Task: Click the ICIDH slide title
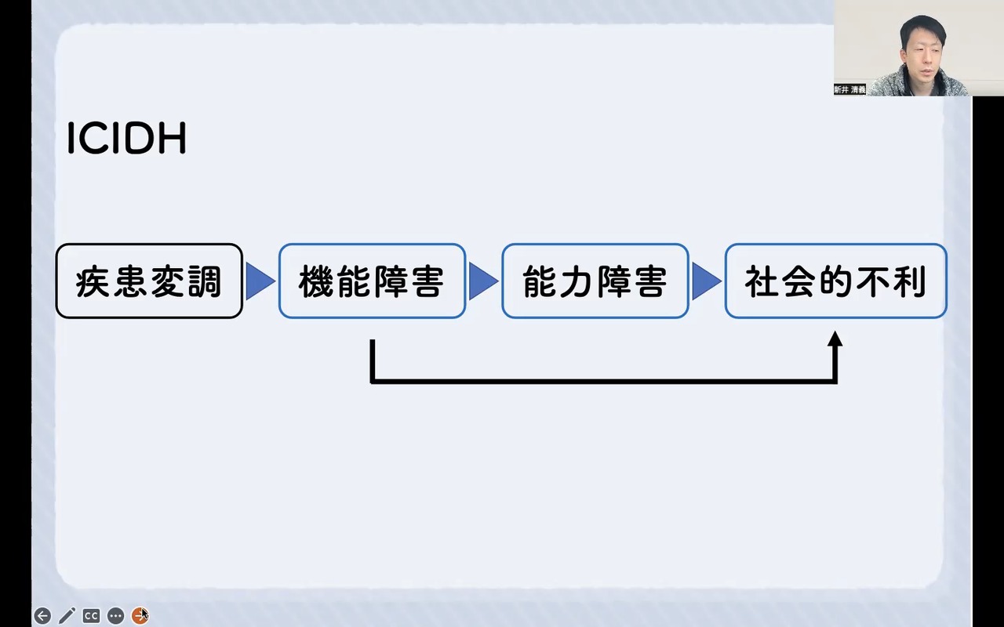pos(126,140)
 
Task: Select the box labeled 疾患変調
pos(149,281)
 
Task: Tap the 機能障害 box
pos(372,281)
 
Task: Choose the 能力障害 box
pos(595,281)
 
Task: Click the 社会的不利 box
pos(835,281)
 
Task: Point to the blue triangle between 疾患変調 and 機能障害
pos(259,281)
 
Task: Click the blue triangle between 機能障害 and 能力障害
pos(482,281)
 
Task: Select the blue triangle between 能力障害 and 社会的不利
pos(705,281)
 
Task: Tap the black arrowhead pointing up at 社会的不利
pos(835,339)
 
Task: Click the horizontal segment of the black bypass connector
pos(604,381)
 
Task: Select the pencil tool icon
pos(67,616)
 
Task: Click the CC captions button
pos(91,616)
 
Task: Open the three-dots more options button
pos(115,616)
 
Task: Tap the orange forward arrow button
pos(140,616)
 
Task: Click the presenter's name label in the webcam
pos(849,90)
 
